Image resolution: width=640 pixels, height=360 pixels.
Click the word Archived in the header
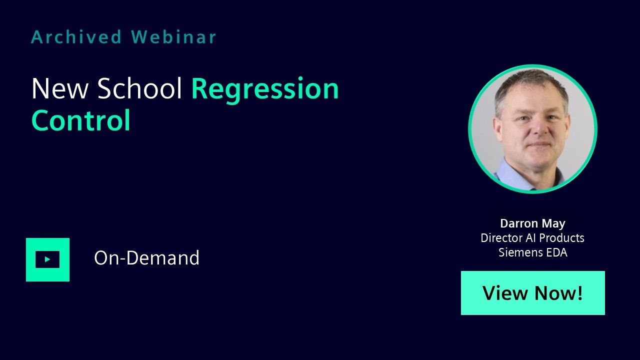click(x=76, y=37)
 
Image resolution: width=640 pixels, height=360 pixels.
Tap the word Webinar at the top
click(x=173, y=37)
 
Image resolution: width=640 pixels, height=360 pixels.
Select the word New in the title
click(x=59, y=88)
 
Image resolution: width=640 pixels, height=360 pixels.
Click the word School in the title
click(x=139, y=88)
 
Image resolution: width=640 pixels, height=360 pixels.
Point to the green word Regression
click(x=265, y=90)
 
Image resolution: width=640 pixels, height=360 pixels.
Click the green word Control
click(x=81, y=120)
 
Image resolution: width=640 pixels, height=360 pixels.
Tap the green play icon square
click(x=47, y=259)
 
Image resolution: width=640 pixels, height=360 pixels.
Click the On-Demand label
click(x=146, y=257)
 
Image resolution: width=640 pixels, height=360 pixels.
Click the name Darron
click(x=519, y=223)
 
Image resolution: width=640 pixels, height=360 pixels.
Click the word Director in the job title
click(x=501, y=238)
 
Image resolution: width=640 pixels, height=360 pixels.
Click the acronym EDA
click(x=556, y=252)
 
